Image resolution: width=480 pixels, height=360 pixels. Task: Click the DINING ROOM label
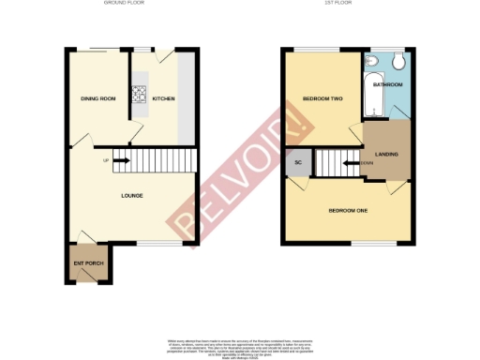[x=97, y=97]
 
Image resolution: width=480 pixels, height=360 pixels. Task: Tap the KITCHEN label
[x=163, y=97]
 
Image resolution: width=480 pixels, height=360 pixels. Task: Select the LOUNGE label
[x=130, y=196]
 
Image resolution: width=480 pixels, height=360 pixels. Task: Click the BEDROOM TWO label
[x=320, y=97]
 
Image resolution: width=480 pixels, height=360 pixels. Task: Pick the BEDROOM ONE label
[x=347, y=210]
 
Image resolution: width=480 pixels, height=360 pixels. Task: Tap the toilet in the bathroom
[x=398, y=62]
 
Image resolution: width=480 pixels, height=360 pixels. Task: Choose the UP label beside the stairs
[x=105, y=159]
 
